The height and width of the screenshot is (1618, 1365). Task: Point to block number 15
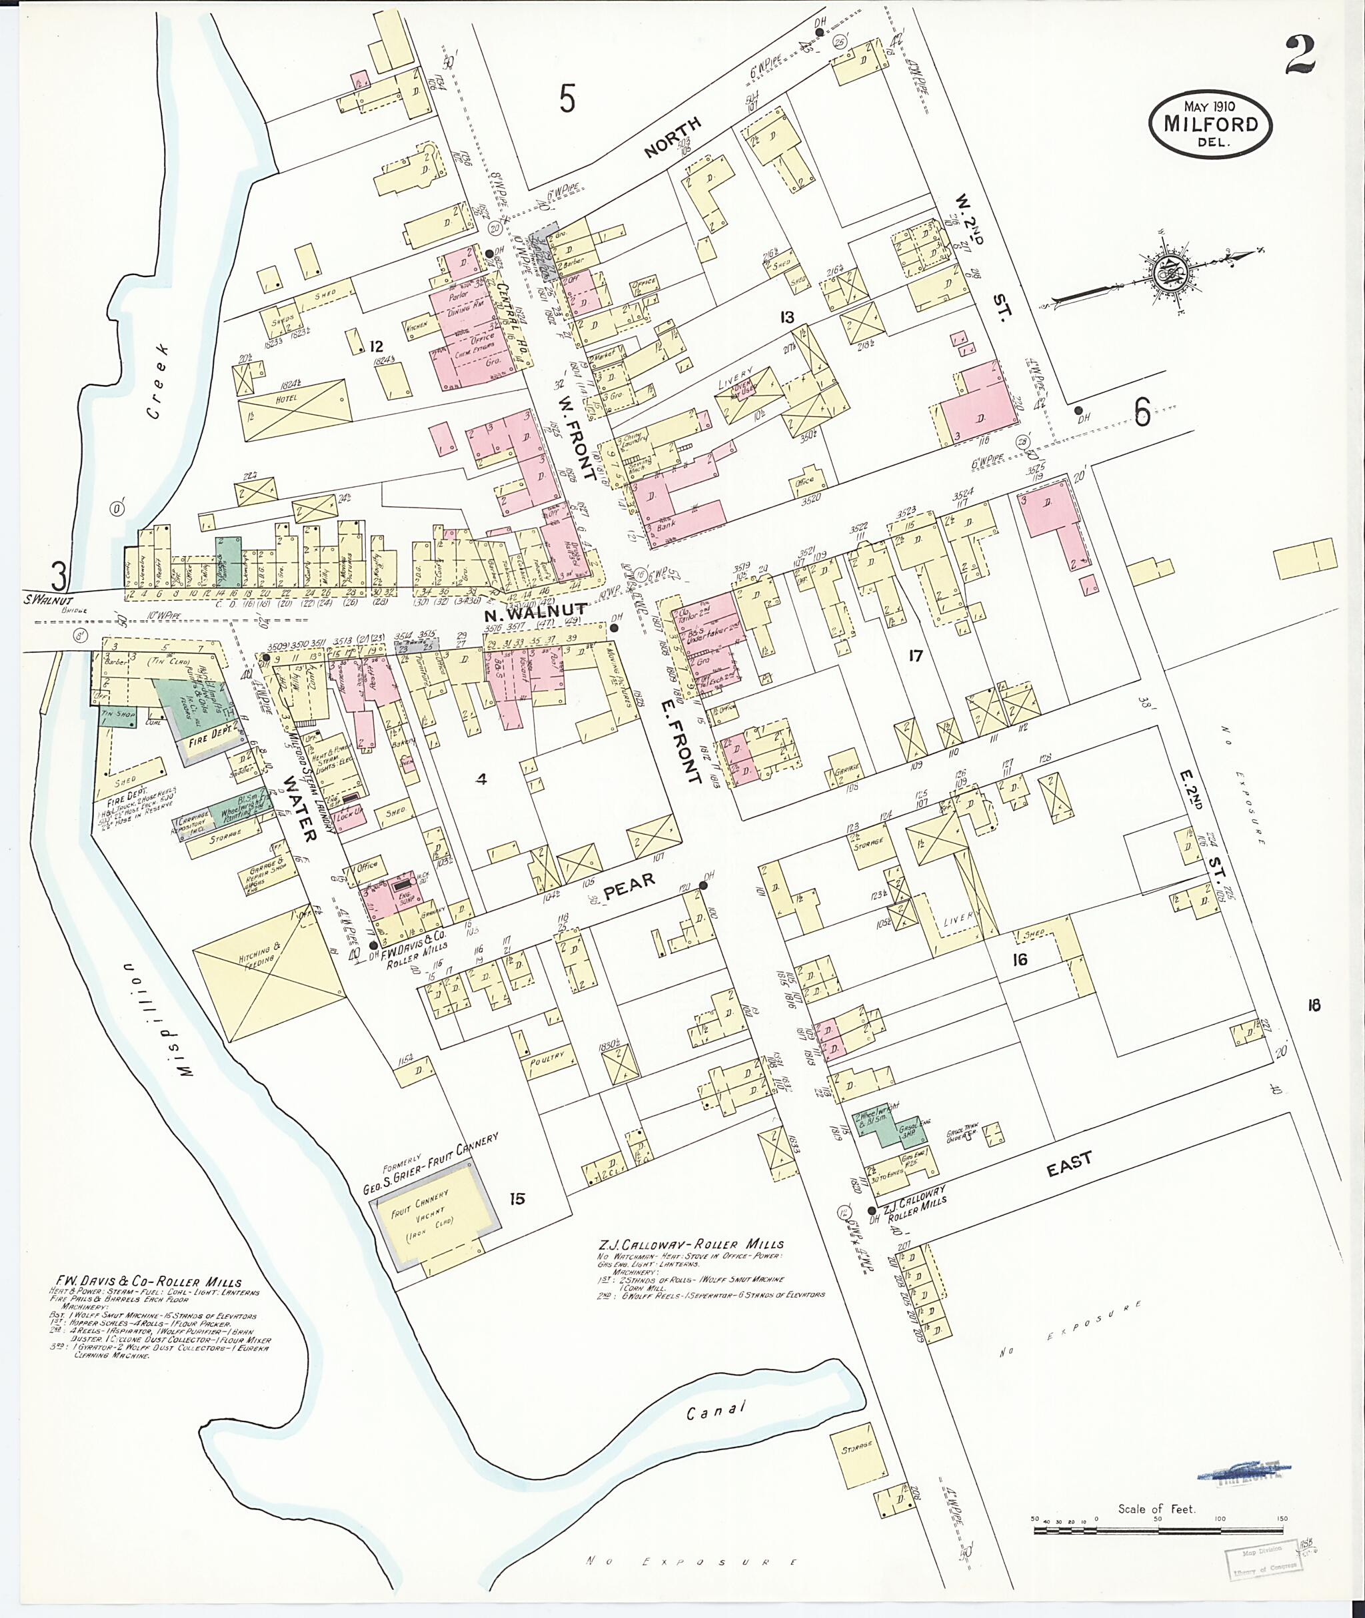coord(517,1199)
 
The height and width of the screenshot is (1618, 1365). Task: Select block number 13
coord(787,317)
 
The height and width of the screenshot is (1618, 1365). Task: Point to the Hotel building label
coord(288,402)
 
